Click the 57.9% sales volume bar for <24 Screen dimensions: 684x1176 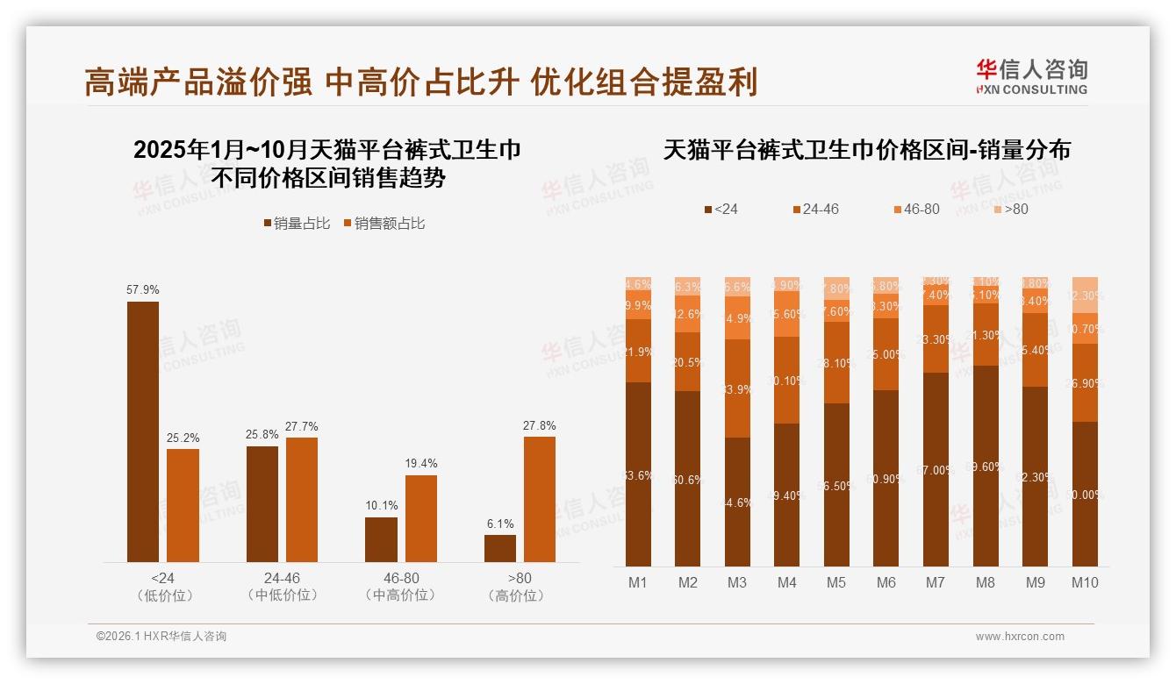pyautogui.click(x=143, y=431)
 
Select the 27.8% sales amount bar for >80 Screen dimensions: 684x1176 pyautogui.click(x=540, y=499)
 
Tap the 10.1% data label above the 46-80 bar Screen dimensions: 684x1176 pyautogui.click(x=382, y=506)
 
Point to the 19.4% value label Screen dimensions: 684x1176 pyautogui.click(x=421, y=463)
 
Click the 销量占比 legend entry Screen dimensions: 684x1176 pyautogui.click(x=297, y=224)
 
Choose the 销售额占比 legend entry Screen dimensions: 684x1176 pyautogui.click(x=384, y=224)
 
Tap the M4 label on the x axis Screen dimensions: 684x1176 pyautogui.click(x=786, y=582)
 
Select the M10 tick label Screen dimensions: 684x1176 pyautogui.click(x=1085, y=582)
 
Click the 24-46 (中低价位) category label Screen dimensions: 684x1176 pyautogui.click(x=283, y=587)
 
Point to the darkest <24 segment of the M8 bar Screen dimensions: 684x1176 pyautogui.click(x=986, y=466)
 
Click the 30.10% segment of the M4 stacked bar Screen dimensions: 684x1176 pyautogui.click(x=786, y=381)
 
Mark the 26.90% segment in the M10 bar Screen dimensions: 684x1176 pyautogui.click(x=1085, y=383)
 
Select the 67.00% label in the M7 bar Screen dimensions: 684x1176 pyautogui.click(x=936, y=470)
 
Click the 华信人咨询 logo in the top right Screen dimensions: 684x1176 pyautogui.click(x=1031, y=76)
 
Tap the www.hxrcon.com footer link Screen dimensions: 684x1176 pyautogui.click(x=1020, y=637)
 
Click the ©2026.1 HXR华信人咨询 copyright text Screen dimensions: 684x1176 pyautogui.click(x=161, y=637)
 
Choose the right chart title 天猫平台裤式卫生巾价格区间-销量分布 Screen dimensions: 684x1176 pyautogui.click(x=866, y=150)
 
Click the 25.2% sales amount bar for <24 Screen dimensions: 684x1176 pyautogui.click(x=183, y=505)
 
